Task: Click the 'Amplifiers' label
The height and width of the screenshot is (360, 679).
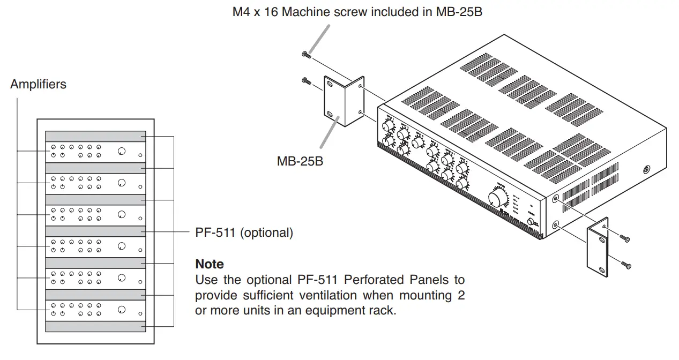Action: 38,84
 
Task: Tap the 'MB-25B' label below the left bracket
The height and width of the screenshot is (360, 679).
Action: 300,160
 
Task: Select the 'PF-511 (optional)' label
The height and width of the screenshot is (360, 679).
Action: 244,233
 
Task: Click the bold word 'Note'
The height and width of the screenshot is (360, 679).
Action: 210,264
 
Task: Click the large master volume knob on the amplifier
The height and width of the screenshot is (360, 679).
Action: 498,199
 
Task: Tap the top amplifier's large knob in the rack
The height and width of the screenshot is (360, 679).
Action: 122,152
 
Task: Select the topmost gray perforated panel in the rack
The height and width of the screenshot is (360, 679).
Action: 95,137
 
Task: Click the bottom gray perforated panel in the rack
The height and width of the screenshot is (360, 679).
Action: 95,326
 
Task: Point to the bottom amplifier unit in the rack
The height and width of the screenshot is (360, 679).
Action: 95,310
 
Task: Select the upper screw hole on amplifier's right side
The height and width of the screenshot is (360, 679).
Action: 555,199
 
